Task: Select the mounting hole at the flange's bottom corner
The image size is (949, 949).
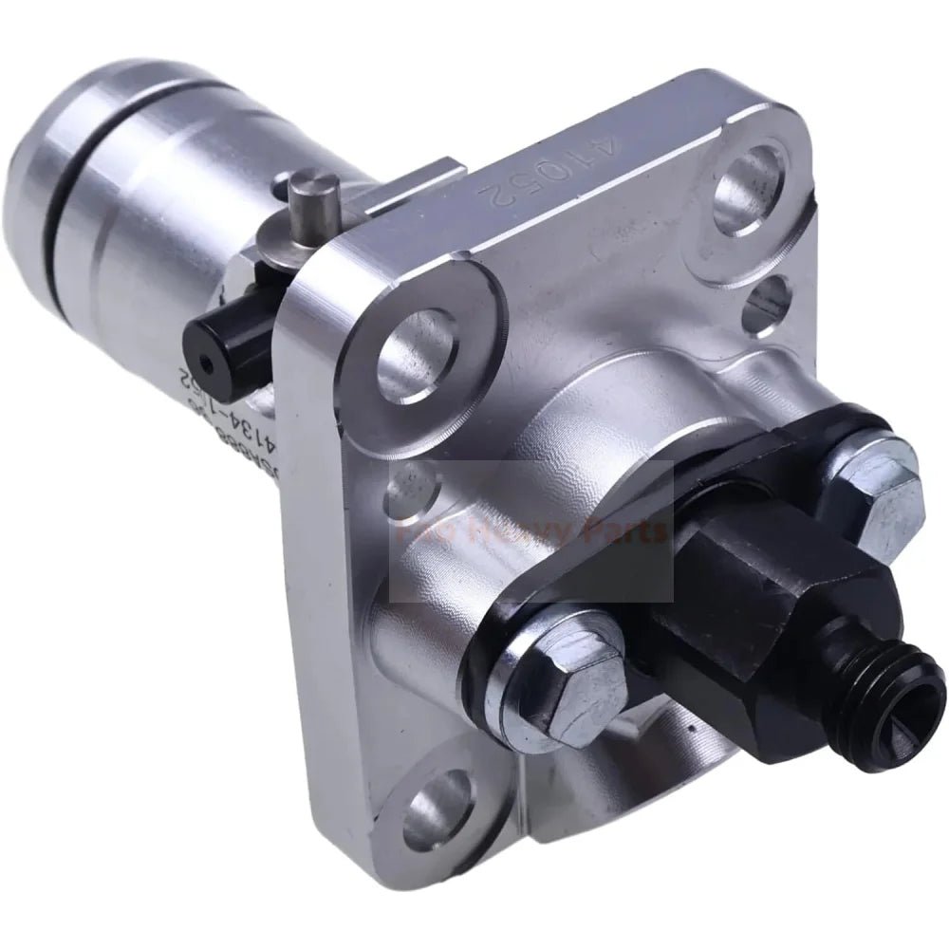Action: (440, 826)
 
